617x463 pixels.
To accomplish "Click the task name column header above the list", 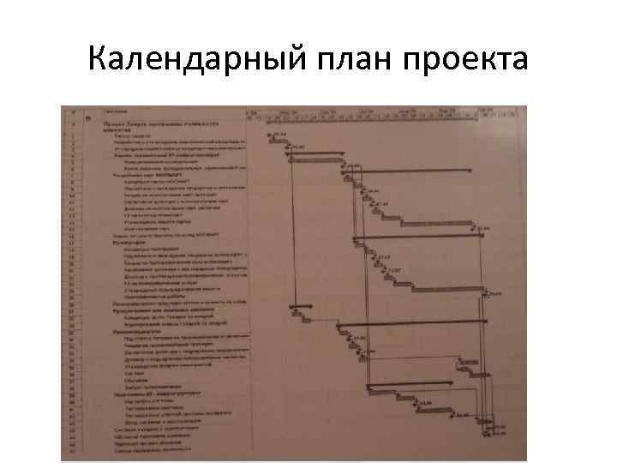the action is click(117, 111).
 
